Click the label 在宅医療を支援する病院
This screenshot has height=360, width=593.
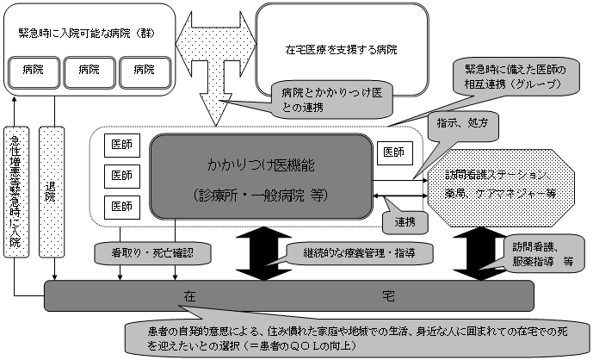click(342, 49)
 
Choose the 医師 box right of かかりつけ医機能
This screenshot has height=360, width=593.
click(394, 152)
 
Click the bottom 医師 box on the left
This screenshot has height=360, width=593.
click(120, 206)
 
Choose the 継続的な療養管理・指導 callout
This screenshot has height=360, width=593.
click(354, 252)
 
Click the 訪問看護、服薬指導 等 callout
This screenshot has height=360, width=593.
click(545, 251)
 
